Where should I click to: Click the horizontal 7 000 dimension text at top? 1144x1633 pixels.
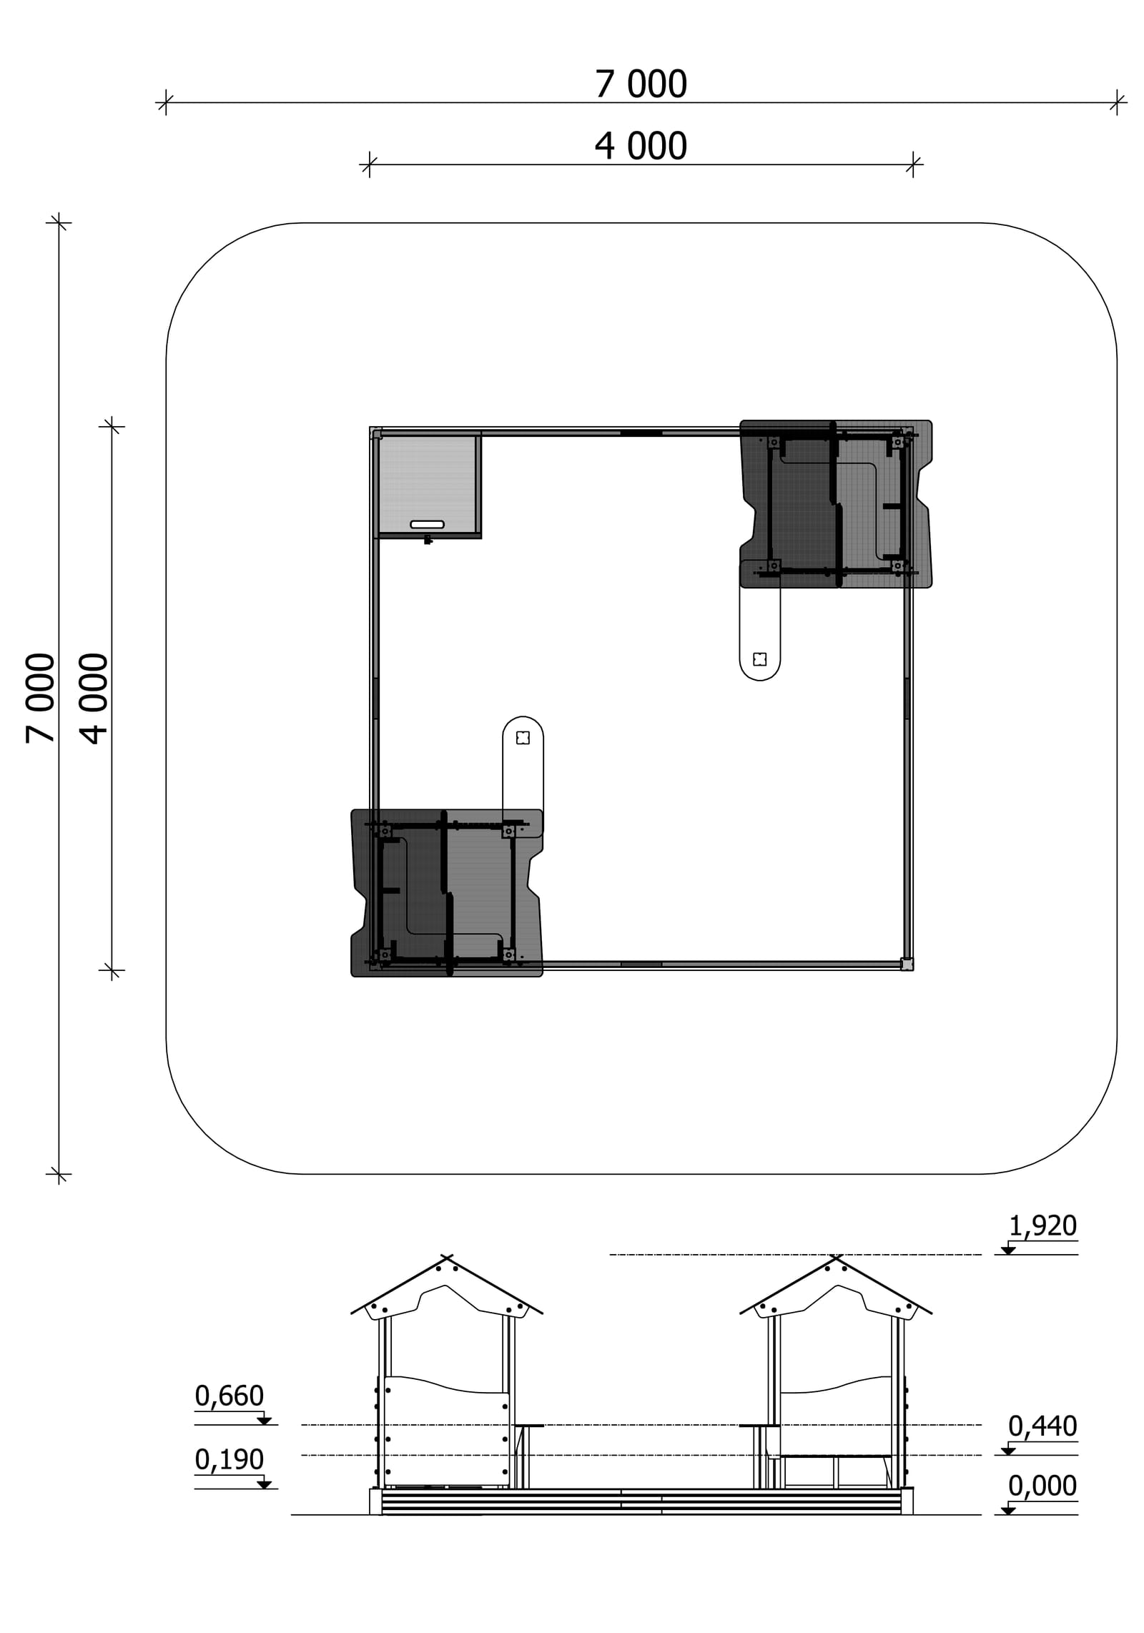point(641,84)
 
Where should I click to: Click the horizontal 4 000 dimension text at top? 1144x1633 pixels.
point(641,147)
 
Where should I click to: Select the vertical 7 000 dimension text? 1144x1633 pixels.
point(41,698)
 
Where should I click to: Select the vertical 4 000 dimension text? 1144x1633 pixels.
point(94,698)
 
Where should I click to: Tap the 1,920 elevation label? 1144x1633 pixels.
point(1042,1226)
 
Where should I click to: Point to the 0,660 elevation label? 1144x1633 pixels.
point(230,1396)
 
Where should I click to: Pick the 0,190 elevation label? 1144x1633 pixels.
point(230,1459)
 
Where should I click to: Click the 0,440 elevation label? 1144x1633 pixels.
point(1042,1426)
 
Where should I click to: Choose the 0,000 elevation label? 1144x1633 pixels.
point(1042,1486)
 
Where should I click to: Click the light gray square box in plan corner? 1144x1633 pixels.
point(427,485)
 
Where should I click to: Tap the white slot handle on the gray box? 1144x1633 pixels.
point(427,525)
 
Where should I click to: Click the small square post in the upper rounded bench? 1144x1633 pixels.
point(760,658)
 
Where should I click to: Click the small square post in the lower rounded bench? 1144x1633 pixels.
point(523,738)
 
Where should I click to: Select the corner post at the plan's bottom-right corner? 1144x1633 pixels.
point(907,964)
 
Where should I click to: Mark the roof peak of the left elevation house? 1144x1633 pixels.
point(447,1257)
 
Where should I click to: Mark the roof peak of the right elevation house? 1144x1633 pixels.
point(836,1257)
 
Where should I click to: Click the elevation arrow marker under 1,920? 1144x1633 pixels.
point(1008,1250)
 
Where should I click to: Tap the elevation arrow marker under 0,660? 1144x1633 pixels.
point(264,1421)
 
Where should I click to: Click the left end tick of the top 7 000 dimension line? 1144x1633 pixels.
point(165,103)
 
